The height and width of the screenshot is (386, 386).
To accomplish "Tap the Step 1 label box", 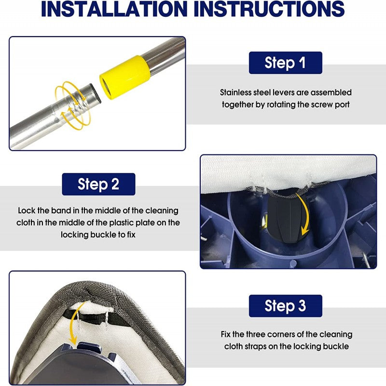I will pos(285,63).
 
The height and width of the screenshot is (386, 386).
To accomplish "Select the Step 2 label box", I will pos(98,184).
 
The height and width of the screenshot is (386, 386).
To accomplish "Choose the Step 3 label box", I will pos(285,305).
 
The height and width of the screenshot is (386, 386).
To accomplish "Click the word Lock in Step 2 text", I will pos(26,211).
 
